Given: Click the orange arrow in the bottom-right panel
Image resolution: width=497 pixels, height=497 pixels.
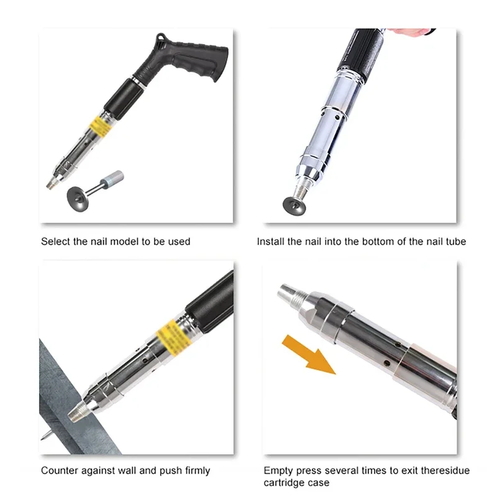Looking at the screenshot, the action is coord(309,354).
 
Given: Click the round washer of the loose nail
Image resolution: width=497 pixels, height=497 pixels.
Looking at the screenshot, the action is coord(78,199).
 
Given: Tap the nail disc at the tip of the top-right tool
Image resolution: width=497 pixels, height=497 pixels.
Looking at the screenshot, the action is coord(294,206).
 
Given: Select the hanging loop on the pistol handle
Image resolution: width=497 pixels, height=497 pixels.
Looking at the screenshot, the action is coord(161,38).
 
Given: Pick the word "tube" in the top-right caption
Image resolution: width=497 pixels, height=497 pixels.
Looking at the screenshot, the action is coord(456,242).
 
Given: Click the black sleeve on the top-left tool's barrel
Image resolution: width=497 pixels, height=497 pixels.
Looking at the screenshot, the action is coord(124,99).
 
